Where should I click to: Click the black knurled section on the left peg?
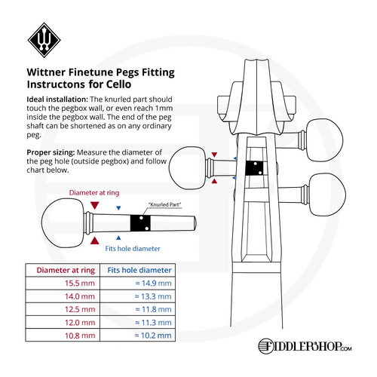point(139,223)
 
